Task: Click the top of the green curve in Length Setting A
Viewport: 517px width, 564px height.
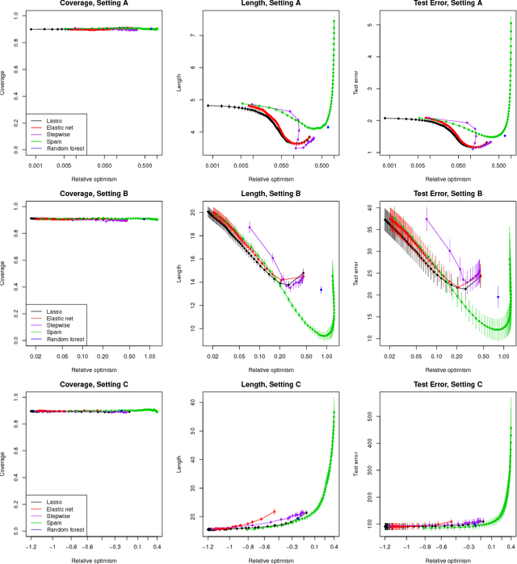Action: click(334, 22)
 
